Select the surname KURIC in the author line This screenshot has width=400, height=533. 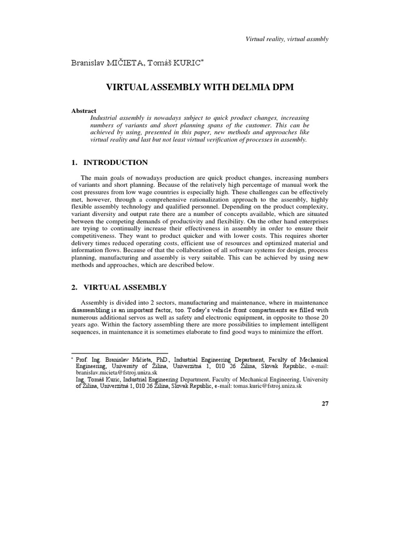point(185,63)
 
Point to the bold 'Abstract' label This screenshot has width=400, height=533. point(84,111)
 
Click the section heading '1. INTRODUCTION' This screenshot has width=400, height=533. point(109,163)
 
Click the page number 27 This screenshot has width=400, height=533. point(324,404)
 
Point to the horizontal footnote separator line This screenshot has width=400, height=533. point(119,353)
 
